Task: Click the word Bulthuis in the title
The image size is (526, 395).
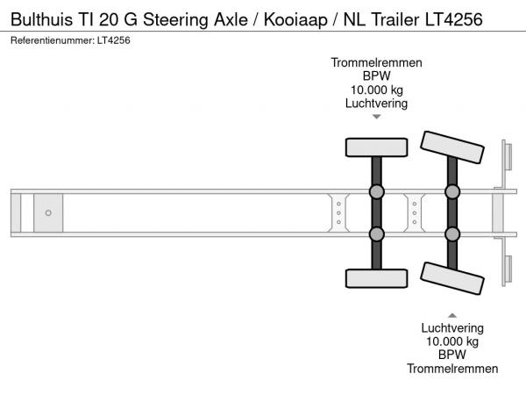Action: [41, 19]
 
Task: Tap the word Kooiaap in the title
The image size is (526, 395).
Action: [295, 20]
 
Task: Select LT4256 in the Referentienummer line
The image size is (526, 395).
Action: [114, 40]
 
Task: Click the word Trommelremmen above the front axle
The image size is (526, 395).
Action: [376, 62]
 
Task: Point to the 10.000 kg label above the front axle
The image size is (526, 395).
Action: [377, 90]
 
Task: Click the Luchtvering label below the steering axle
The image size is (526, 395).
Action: [452, 327]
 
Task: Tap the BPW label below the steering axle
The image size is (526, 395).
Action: [452, 355]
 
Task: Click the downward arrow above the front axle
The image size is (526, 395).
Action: [377, 117]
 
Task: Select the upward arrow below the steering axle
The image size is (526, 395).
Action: [452, 315]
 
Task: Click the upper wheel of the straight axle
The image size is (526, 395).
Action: [377, 147]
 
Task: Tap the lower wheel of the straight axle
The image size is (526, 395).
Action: [377, 278]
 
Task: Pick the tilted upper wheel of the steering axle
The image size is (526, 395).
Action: [452, 147]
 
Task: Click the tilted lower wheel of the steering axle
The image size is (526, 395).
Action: [452, 278]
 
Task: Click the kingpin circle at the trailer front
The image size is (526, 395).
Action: [48, 213]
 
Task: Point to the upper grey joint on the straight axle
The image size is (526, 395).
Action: [377, 191]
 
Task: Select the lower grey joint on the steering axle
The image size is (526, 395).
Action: [452, 234]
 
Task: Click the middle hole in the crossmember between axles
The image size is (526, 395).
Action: [415, 213]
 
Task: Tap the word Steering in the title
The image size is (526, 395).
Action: [176, 20]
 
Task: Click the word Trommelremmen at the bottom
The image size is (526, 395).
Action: [452, 369]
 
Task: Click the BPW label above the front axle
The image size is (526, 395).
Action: [377, 75]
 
